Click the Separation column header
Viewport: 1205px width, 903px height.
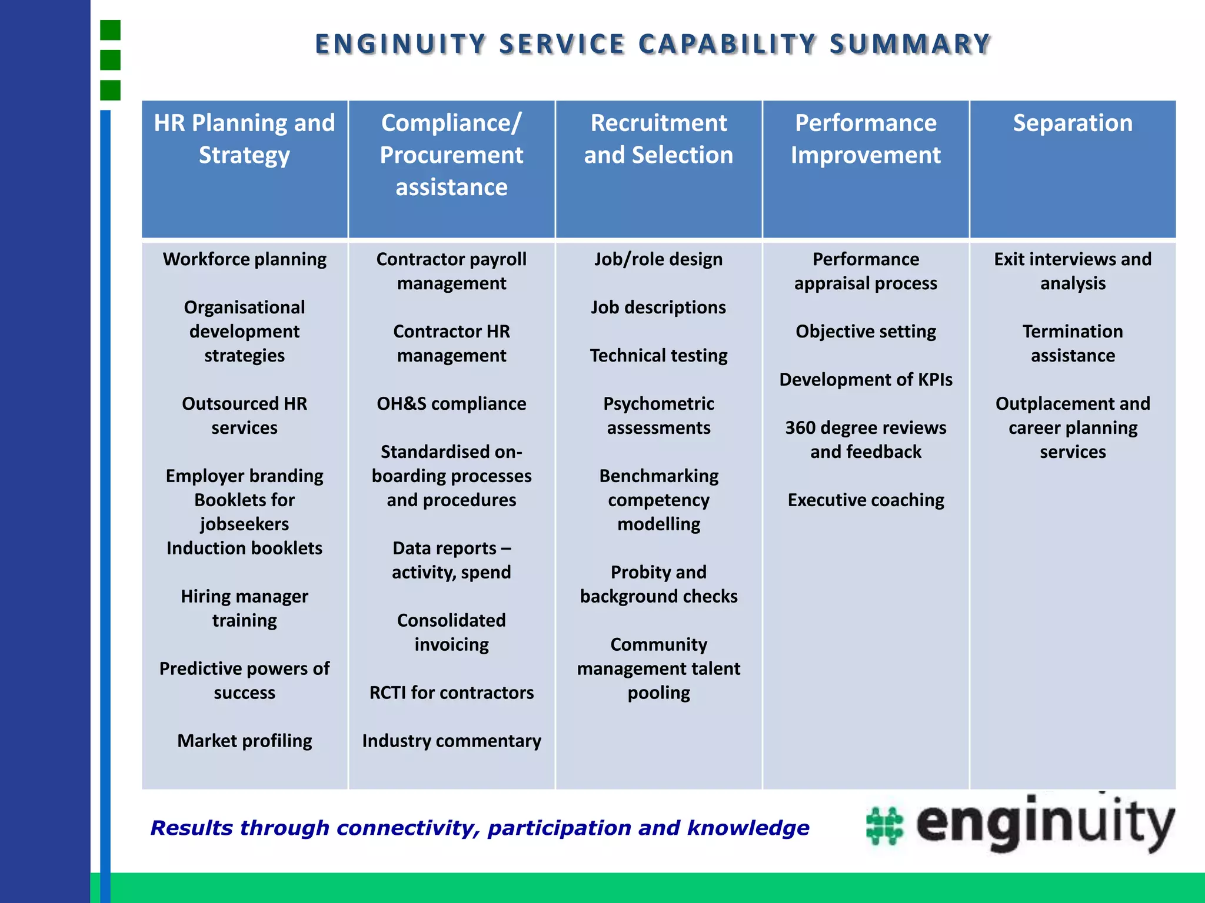tap(1073, 123)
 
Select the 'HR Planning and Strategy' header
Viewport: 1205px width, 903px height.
tap(244, 139)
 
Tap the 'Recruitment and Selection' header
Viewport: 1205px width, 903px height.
tap(658, 139)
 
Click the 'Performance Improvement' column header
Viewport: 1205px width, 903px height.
tap(866, 139)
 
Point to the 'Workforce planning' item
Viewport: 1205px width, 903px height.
tap(244, 259)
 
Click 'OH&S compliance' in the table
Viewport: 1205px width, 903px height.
tap(451, 404)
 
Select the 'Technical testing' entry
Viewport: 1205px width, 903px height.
tap(658, 356)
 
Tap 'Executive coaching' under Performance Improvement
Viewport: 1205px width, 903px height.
tap(866, 500)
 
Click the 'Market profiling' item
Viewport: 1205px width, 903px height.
tap(244, 741)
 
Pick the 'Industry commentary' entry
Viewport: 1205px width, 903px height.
tap(451, 741)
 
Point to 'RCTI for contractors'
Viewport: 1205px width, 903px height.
tap(451, 693)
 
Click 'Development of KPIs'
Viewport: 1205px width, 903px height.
tap(866, 380)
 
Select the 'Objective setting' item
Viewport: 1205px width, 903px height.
tap(866, 332)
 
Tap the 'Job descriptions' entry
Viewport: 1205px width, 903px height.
tap(658, 307)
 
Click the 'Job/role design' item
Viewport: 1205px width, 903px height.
tap(658, 259)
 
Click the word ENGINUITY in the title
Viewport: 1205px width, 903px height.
tap(401, 45)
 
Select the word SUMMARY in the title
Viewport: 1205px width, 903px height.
tap(910, 45)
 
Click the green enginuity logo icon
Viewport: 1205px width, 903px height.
tap(884, 826)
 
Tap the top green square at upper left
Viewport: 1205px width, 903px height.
tap(110, 30)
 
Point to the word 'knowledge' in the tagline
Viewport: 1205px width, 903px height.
tap(748, 828)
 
